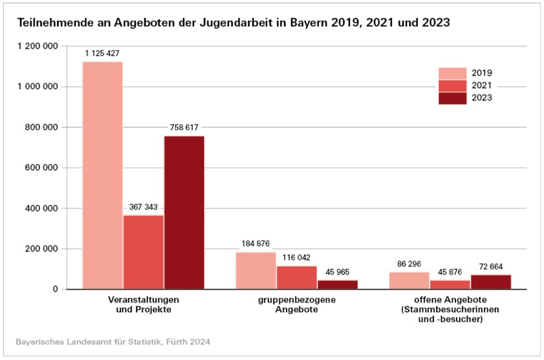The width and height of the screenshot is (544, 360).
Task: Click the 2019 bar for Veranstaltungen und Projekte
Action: tap(102, 175)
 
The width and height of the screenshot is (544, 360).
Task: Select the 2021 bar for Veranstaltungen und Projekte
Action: tap(143, 252)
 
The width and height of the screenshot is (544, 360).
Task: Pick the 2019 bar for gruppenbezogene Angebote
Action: tap(256, 270)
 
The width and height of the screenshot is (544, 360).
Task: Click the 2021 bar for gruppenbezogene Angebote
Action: tap(296, 277)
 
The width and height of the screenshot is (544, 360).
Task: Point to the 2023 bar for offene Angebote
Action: tap(490, 282)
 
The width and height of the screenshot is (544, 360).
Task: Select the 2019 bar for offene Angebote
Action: tap(409, 281)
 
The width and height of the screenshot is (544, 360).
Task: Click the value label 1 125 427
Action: tap(102, 52)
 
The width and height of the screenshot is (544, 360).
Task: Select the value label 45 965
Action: tap(337, 271)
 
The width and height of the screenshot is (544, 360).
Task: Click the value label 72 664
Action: tap(490, 266)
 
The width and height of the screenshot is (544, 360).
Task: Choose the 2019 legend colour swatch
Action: tap(452, 73)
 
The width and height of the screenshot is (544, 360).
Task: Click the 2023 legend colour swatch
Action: tap(452, 98)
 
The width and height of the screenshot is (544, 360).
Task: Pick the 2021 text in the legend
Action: tap(482, 86)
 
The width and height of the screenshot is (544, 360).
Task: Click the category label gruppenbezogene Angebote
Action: tap(296, 305)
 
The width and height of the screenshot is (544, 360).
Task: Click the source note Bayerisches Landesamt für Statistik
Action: tap(113, 341)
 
